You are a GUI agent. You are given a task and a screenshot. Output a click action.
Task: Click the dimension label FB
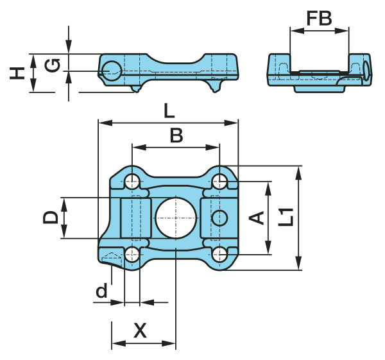click(319, 19)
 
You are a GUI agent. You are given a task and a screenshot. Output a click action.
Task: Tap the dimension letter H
click(17, 73)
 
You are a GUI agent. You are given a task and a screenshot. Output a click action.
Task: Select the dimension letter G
click(53, 65)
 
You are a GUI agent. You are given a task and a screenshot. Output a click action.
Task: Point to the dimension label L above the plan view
click(169, 110)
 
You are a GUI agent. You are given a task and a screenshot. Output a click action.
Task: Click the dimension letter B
click(176, 135)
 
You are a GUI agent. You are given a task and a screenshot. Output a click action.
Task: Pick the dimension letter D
click(51, 218)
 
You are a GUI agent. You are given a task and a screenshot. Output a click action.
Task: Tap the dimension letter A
click(256, 218)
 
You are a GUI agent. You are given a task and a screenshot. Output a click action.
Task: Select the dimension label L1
click(286, 217)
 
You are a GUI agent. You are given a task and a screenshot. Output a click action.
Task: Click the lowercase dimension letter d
click(101, 290)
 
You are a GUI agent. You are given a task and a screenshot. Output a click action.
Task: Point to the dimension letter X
click(140, 330)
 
